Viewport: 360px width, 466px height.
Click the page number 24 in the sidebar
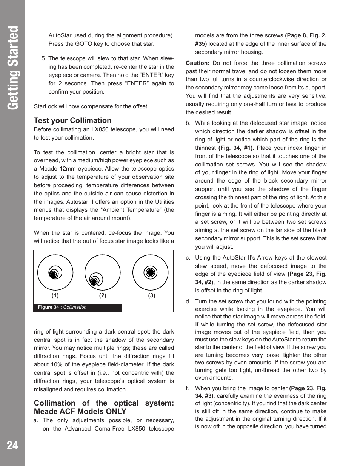coord(12,445)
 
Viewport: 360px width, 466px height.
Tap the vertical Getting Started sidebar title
coord(13,68)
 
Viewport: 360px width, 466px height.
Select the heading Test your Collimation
coord(72,120)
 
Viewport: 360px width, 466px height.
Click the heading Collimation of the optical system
coord(104,407)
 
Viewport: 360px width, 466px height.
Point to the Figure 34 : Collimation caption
coord(62,307)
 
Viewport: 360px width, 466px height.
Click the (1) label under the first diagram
coord(55,295)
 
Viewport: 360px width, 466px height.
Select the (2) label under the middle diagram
coord(103,295)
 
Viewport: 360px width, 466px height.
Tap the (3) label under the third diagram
coord(151,295)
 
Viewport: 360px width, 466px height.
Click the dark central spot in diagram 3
coord(151,272)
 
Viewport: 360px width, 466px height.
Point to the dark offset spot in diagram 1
coord(53,274)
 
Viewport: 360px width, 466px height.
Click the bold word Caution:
coord(197,63)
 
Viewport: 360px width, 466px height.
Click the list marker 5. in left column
coord(44,58)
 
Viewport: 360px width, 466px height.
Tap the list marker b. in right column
coord(188,123)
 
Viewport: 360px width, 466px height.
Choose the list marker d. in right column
coord(188,301)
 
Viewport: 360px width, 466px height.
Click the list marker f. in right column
coord(187,388)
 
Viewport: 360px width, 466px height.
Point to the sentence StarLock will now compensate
coord(91,106)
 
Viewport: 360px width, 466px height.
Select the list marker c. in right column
coord(188,258)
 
